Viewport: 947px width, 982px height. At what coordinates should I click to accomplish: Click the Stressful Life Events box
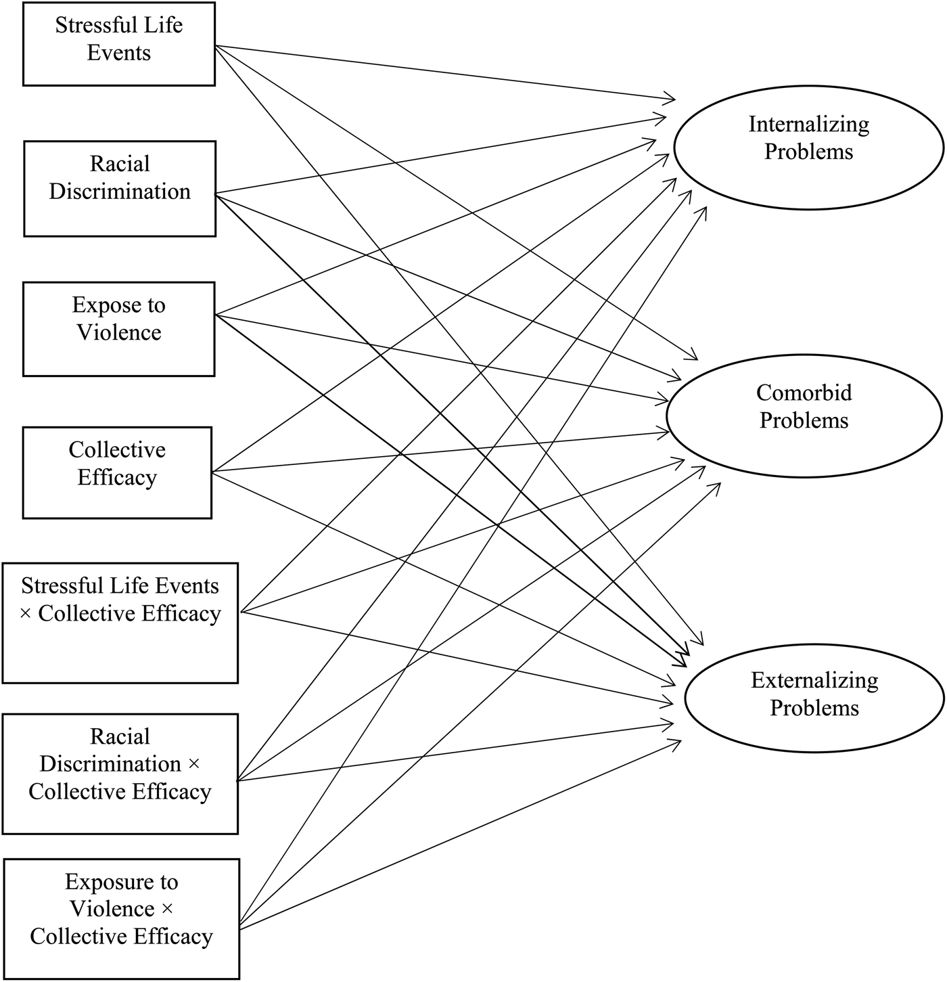point(119,43)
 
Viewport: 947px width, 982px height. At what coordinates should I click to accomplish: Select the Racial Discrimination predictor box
point(120,189)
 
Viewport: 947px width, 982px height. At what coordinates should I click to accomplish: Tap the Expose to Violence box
point(119,329)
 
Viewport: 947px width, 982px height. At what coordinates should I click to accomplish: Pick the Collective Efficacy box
point(117,472)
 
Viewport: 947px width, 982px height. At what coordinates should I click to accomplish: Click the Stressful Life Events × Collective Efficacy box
point(120,623)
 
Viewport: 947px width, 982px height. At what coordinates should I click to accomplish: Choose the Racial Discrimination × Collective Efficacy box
point(120,774)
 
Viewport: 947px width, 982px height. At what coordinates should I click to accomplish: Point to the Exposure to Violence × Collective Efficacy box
point(122,918)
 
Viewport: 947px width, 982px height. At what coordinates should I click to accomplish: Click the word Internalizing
point(809,125)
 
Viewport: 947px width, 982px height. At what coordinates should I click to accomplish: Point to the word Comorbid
point(804,393)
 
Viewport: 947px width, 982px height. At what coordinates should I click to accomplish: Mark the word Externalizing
point(814,680)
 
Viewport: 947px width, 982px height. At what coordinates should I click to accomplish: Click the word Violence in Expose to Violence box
point(119,332)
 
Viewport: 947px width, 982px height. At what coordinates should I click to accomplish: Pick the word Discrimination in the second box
point(120,192)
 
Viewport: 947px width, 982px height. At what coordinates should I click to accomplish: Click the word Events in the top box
point(119,53)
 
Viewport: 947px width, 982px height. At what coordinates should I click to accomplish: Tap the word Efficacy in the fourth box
point(117,477)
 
